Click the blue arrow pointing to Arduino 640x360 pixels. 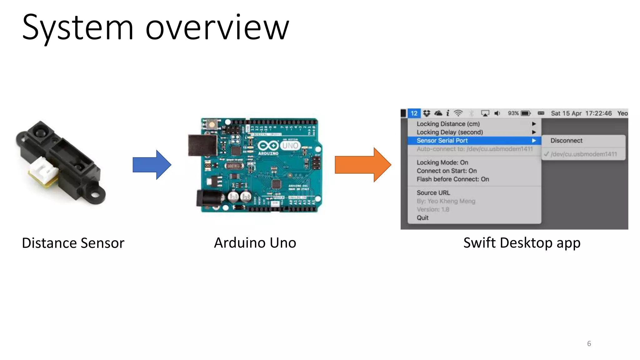152,165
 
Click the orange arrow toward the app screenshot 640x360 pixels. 362,165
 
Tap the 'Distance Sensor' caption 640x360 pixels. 73,243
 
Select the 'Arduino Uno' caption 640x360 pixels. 255,243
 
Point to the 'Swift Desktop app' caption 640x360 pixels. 522,243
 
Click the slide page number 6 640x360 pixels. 589,343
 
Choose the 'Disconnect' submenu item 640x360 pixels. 566,141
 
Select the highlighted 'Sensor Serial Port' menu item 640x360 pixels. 442,141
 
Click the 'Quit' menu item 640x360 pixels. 422,218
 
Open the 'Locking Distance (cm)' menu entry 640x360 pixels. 448,124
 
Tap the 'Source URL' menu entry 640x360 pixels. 433,193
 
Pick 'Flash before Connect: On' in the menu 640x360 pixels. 452,179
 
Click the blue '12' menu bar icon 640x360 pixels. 414,113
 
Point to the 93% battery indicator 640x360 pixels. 519,113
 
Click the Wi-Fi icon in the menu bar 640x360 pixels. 458,113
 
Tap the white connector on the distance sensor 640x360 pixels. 44,170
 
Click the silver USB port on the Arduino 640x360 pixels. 202,145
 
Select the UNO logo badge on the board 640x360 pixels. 290,146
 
